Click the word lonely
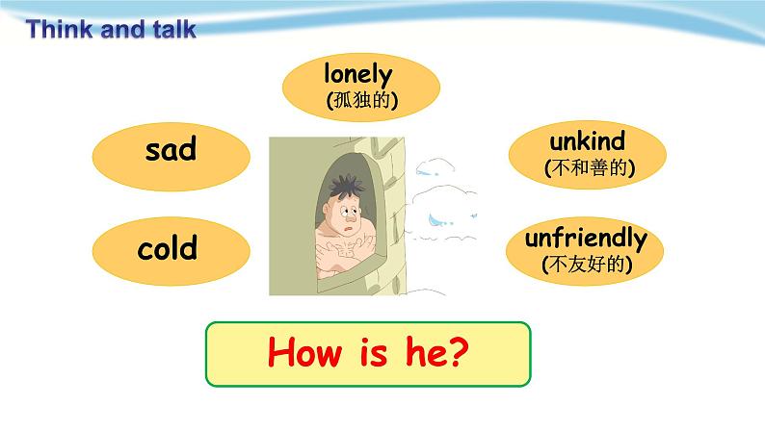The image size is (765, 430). pyautogui.click(x=358, y=75)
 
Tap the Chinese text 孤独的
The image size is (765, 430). pyautogui.click(x=362, y=100)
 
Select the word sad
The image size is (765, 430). pyautogui.click(x=171, y=148)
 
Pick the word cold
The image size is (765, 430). pyautogui.click(x=168, y=247)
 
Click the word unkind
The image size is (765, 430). pyautogui.click(x=587, y=141)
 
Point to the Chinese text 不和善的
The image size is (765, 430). pyautogui.click(x=590, y=168)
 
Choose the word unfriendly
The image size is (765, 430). pyautogui.click(x=586, y=240)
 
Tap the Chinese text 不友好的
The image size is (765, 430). pyautogui.click(x=587, y=265)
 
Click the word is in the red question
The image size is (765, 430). pyautogui.click(x=374, y=353)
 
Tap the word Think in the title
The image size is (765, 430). pyautogui.click(x=60, y=29)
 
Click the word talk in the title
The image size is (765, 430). pyautogui.click(x=174, y=29)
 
